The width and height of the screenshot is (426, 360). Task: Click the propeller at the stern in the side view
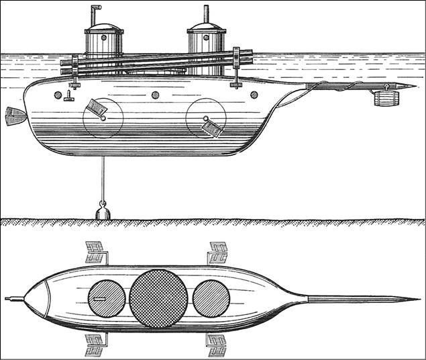pos(14,116)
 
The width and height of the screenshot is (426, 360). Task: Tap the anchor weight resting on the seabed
pos(103,212)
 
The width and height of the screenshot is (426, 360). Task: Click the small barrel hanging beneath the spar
pos(386,98)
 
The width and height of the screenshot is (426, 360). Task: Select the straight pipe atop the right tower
pos(205,13)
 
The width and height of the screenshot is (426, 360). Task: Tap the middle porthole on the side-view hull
pos(155,95)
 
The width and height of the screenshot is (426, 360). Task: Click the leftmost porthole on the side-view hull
pos(58,95)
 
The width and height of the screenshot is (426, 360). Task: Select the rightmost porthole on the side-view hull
pos(254,95)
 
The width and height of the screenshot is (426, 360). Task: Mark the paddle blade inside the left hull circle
pos(96,109)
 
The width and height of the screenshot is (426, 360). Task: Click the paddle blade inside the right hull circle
pos(212,127)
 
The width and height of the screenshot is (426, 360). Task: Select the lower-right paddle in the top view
pos(216,345)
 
